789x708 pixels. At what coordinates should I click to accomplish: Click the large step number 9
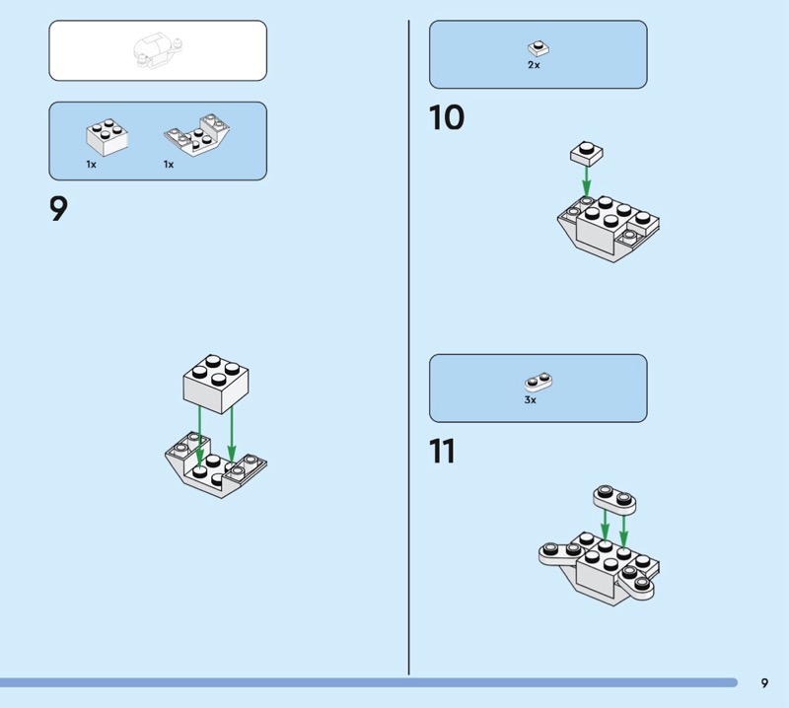pyautogui.click(x=58, y=208)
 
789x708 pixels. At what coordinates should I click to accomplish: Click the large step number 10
pyautogui.click(x=447, y=117)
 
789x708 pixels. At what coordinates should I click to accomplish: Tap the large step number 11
pyautogui.click(x=442, y=451)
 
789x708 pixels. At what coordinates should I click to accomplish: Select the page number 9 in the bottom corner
pyautogui.click(x=765, y=682)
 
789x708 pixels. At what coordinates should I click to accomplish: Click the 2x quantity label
pyautogui.click(x=534, y=65)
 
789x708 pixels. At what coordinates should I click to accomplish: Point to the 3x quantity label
pyautogui.click(x=531, y=400)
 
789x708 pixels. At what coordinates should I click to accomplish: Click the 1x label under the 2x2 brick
pyautogui.click(x=91, y=165)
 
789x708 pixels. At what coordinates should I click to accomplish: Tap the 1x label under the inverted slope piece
pyautogui.click(x=169, y=165)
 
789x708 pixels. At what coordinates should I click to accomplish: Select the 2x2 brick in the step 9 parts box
pyautogui.click(x=108, y=137)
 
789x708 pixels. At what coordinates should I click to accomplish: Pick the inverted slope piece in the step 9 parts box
pyautogui.click(x=196, y=135)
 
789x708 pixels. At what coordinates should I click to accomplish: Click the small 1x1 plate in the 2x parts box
pyautogui.click(x=538, y=49)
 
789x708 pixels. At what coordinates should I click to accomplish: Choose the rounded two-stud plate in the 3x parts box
pyautogui.click(x=538, y=383)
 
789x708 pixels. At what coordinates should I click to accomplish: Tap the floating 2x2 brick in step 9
pyautogui.click(x=215, y=384)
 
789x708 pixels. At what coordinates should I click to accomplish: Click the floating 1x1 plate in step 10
pyautogui.click(x=587, y=154)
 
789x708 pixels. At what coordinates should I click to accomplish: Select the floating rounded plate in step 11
pyautogui.click(x=614, y=500)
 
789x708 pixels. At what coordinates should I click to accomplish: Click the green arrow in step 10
pyautogui.click(x=586, y=181)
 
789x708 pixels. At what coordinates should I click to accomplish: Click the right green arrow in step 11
pyautogui.click(x=624, y=531)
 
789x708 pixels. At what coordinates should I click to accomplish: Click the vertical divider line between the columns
pyautogui.click(x=408, y=347)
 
